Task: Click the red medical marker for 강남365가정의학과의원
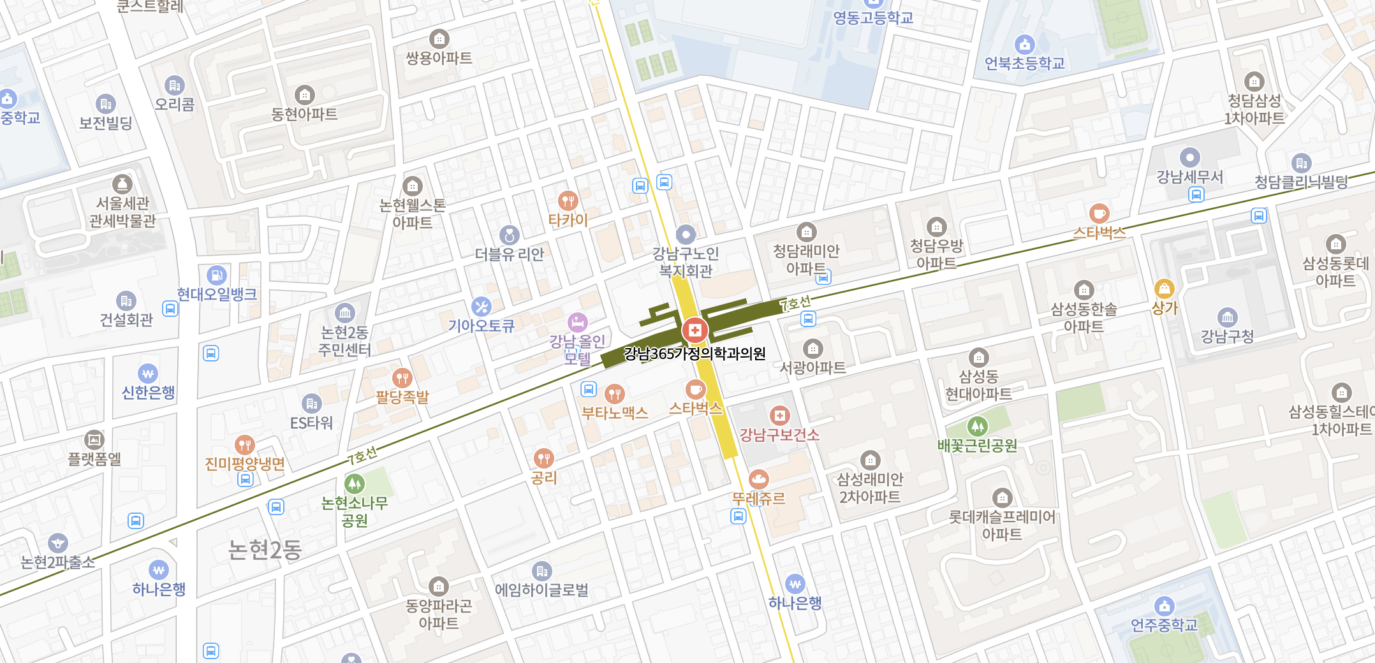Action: pyautogui.click(x=695, y=330)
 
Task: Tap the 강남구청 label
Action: pyautogui.click(x=1227, y=336)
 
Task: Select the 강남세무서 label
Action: pyautogui.click(x=1190, y=177)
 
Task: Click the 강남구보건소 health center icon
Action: pyautogui.click(x=779, y=416)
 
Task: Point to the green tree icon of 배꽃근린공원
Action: pyautogui.click(x=977, y=426)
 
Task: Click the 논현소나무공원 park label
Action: pyautogui.click(x=355, y=512)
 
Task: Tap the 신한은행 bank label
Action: pyautogui.click(x=148, y=392)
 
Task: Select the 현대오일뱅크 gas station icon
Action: pyautogui.click(x=217, y=275)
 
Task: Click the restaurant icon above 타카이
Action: pyautogui.click(x=567, y=201)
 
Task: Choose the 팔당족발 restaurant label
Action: pyautogui.click(x=402, y=397)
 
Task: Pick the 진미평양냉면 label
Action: pyautogui.click(x=245, y=463)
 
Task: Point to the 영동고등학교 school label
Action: pyautogui.click(x=873, y=18)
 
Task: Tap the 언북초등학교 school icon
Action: pyautogui.click(x=1024, y=44)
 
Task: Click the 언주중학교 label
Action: pyautogui.click(x=1164, y=625)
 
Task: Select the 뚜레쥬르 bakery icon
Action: pyautogui.click(x=758, y=479)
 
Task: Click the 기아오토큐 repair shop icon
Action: pyautogui.click(x=481, y=307)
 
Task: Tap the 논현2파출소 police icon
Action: pyautogui.click(x=58, y=543)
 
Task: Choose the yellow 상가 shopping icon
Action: pyautogui.click(x=1164, y=289)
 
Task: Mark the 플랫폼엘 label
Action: pyautogui.click(x=94, y=458)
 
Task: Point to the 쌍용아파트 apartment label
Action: pyautogui.click(x=439, y=58)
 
